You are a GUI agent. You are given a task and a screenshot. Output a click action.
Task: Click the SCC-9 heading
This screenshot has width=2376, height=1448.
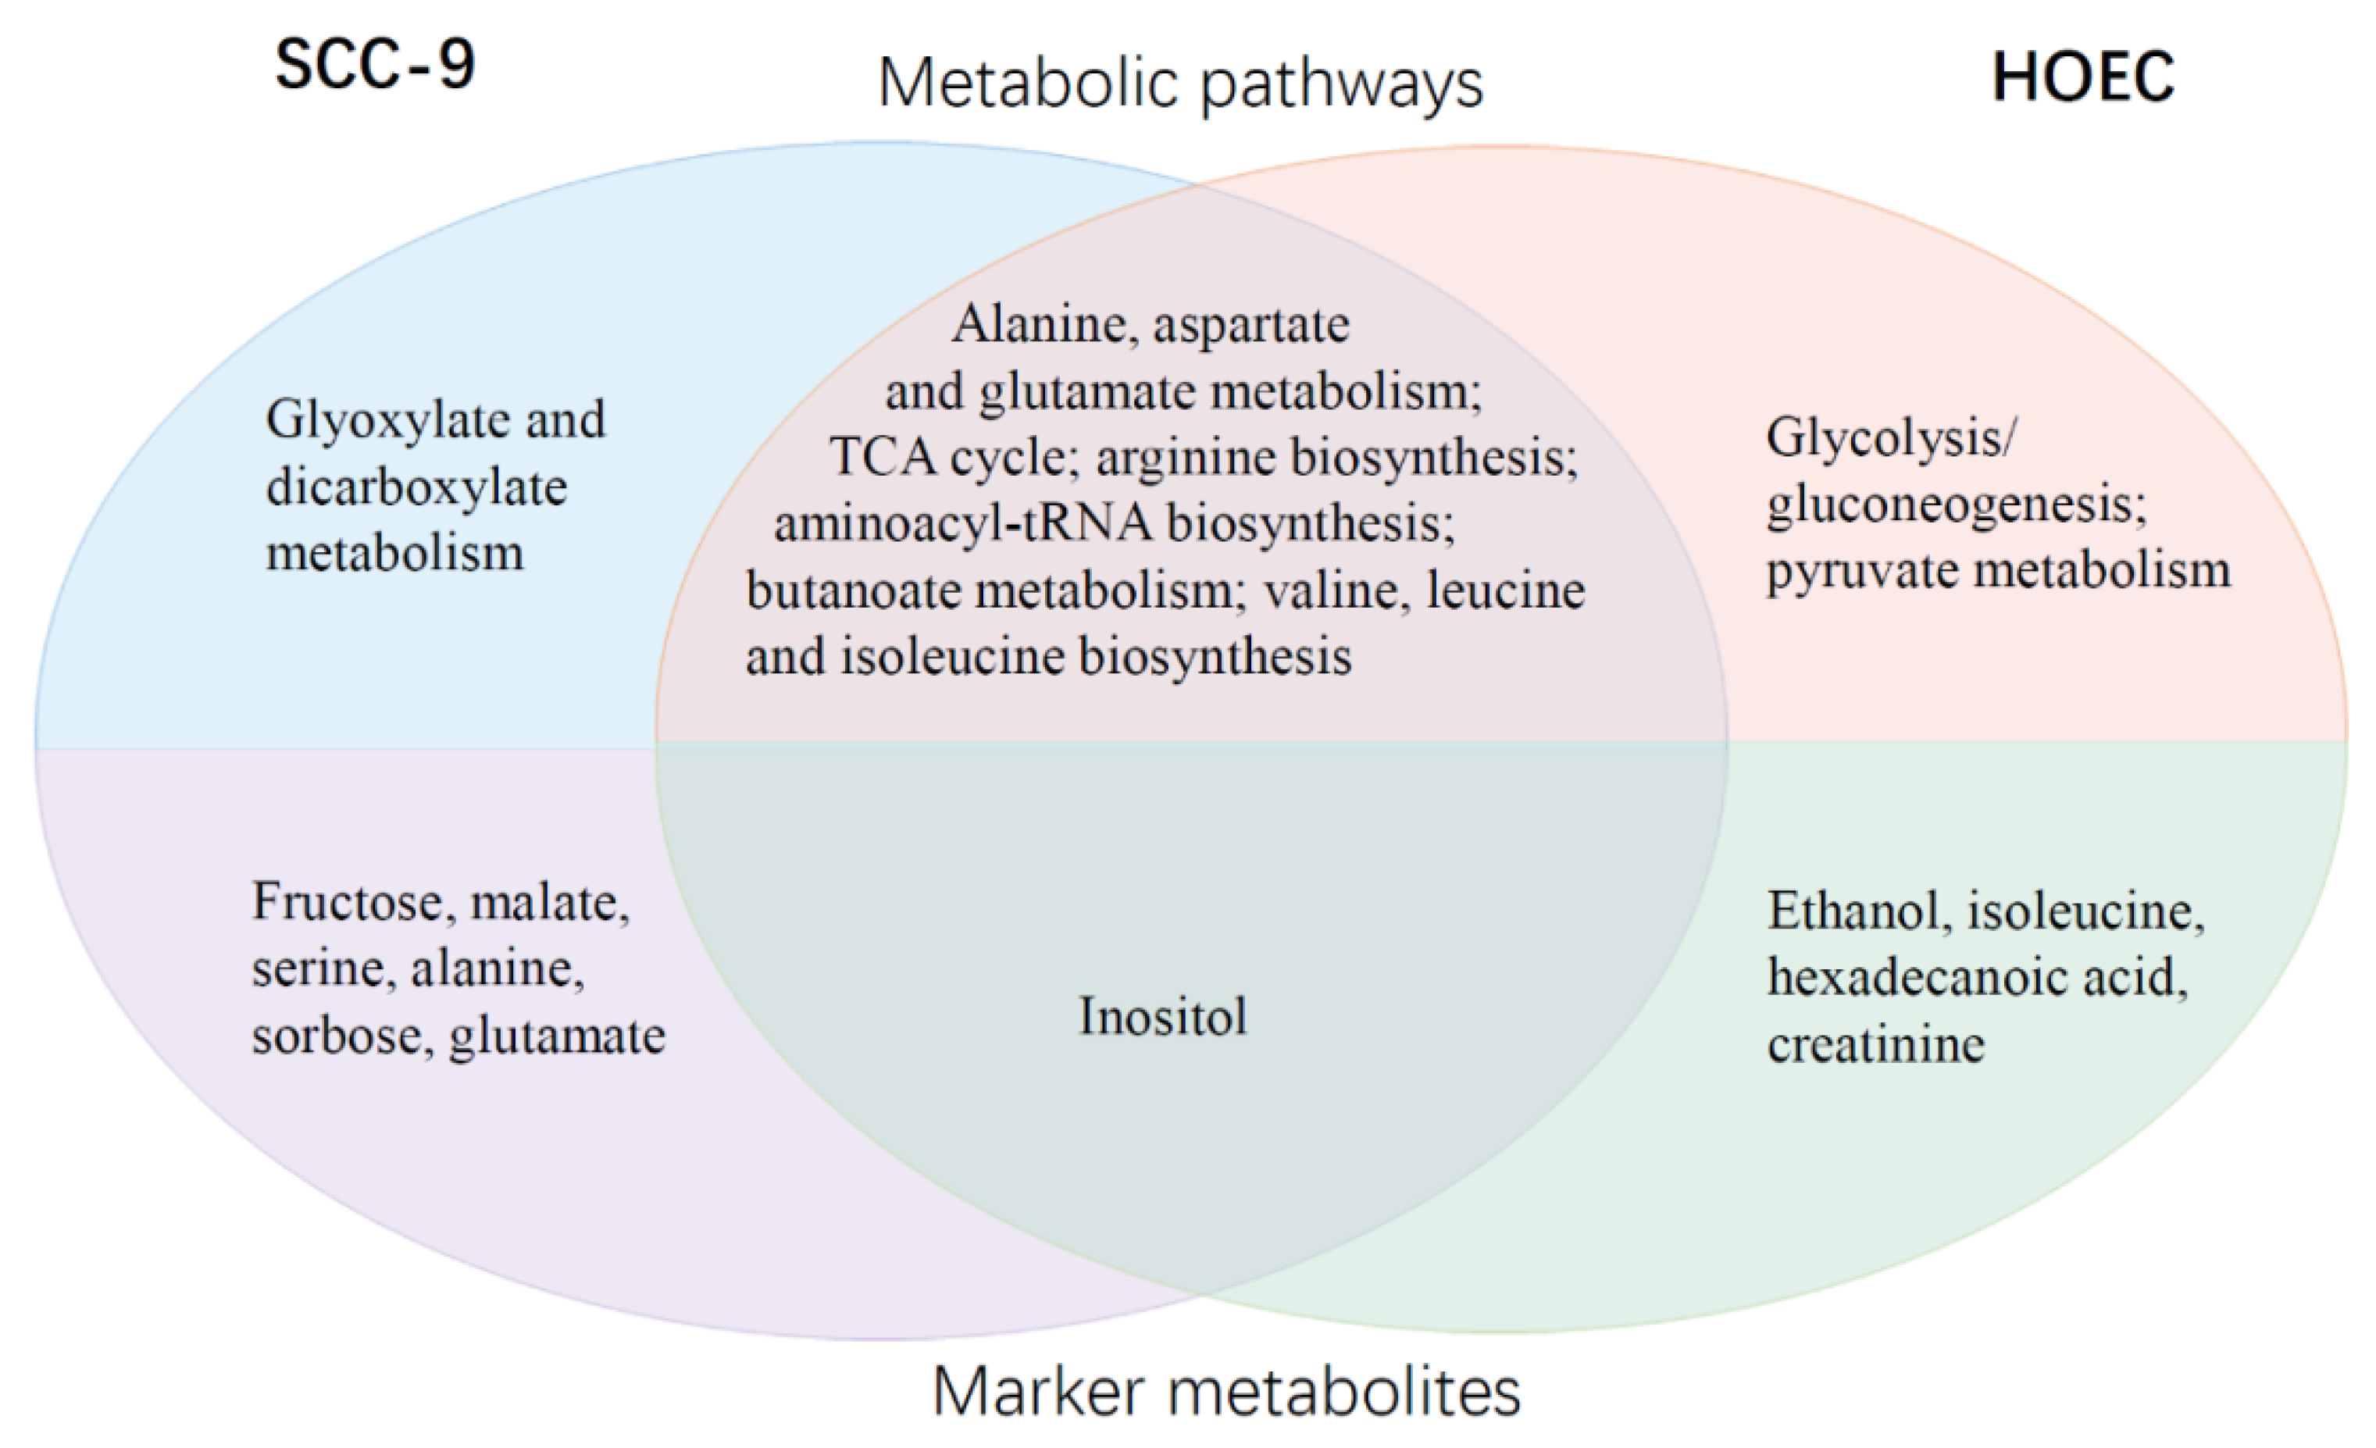374,66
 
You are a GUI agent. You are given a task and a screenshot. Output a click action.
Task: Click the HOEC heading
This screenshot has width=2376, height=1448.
2083,77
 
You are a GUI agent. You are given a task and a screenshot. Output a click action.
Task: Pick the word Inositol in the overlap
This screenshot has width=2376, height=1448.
1162,1016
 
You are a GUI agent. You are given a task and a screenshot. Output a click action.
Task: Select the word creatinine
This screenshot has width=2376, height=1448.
1875,1044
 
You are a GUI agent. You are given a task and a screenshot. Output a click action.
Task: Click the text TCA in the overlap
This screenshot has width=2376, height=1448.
883,456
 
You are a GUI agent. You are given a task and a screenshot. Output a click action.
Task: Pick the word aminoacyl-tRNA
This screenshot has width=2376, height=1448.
962,523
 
